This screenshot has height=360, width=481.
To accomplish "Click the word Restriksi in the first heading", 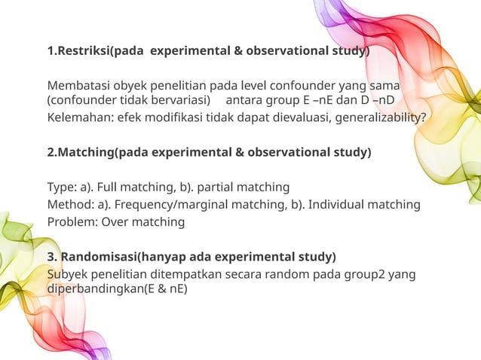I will click(82, 52).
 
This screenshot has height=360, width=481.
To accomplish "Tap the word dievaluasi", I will click(301, 117).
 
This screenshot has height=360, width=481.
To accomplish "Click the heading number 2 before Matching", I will click(51, 152).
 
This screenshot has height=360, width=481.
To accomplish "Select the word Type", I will click(61, 187).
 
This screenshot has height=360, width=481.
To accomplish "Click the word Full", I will click(107, 187).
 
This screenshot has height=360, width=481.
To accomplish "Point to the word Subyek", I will click(67, 273).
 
